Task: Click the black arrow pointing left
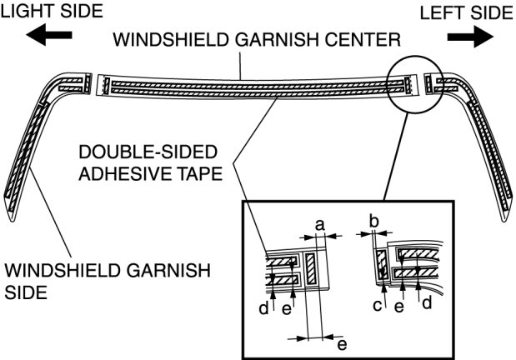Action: (43, 37)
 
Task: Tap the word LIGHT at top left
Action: (24, 12)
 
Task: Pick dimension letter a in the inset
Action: (318, 223)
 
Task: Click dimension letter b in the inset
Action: (373, 222)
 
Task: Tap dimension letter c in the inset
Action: (377, 307)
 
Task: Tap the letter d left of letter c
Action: (263, 308)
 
